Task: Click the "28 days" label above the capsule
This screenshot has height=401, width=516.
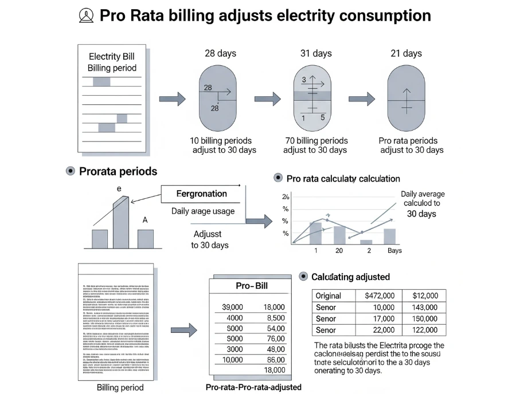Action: [x=220, y=53]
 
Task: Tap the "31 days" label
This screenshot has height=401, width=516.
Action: [x=316, y=53]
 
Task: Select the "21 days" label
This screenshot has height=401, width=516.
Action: [x=406, y=53]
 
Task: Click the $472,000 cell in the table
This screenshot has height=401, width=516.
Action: [x=379, y=296]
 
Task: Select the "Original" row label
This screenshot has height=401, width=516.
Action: [x=329, y=296]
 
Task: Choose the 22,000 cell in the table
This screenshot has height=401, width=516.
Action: [x=383, y=330]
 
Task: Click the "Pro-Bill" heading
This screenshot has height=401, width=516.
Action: [x=252, y=285]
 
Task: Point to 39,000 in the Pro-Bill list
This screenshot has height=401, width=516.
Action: [x=232, y=308]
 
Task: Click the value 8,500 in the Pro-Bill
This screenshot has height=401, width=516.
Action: [x=276, y=318]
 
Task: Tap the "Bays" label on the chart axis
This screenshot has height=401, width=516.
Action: [x=394, y=250]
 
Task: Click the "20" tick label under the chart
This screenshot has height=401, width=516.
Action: [x=339, y=250]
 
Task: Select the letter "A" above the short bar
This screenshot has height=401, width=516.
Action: [x=145, y=219]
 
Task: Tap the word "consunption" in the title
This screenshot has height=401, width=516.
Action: [x=384, y=15]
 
